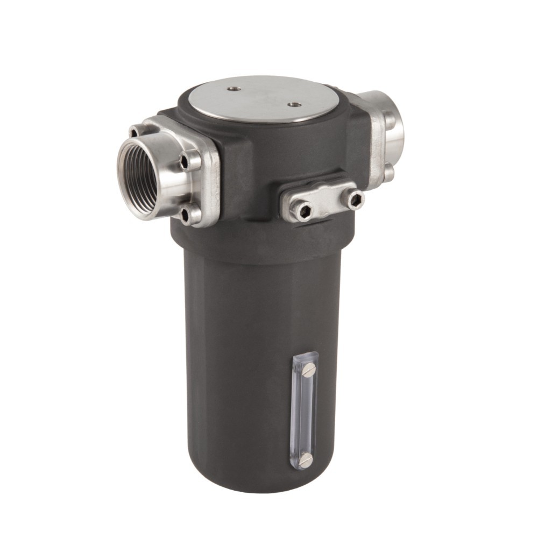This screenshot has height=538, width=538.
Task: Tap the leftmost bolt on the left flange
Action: click(x=133, y=131)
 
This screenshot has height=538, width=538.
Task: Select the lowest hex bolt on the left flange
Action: click(x=186, y=215)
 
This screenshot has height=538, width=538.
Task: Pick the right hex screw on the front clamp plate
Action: click(x=355, y=200)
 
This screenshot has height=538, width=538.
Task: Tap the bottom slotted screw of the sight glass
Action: click(x=306, y=459)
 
